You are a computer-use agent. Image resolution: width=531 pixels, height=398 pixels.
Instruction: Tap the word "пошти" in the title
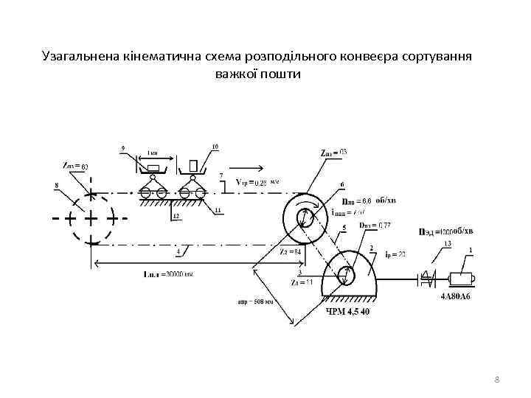[281, 74]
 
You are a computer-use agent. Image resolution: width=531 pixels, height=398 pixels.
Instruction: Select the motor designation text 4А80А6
[455, 297]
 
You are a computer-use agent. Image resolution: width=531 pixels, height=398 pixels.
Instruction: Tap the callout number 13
[446, 244]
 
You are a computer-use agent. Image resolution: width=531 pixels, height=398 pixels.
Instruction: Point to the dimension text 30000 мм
[178, 275]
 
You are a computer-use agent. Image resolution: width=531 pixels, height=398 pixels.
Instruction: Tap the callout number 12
[176, 216]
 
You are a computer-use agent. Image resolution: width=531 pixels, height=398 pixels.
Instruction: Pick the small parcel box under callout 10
[192, 164]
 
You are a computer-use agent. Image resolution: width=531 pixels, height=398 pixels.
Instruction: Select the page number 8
[497, 379]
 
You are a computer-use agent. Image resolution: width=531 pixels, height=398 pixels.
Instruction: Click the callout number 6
[341, 184]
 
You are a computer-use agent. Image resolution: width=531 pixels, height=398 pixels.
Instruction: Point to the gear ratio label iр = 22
[396, 254]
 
